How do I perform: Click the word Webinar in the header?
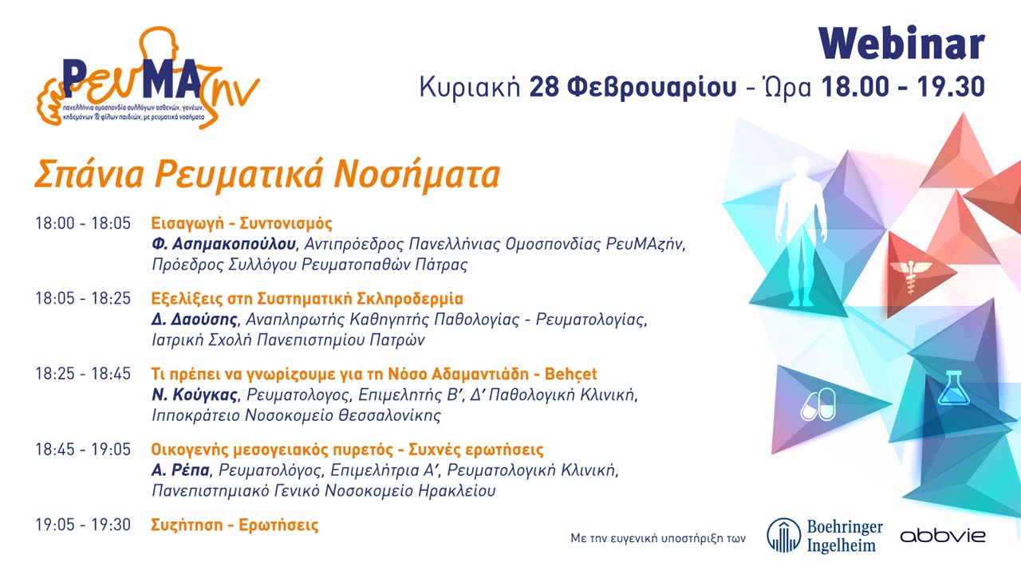click(901, 45)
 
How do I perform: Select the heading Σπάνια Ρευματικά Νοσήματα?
click(266, 174)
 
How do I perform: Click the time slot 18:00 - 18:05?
click(82, 223)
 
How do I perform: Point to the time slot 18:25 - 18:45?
click(82, 375)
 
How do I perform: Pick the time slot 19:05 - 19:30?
click(82, 525)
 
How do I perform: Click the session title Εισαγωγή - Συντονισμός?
click(242, 223)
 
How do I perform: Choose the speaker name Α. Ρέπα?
click(181, 470)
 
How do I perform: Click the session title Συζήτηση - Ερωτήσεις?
click(235, 525)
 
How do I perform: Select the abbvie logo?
click(942, 536)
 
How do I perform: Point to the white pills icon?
click(818, 404)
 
